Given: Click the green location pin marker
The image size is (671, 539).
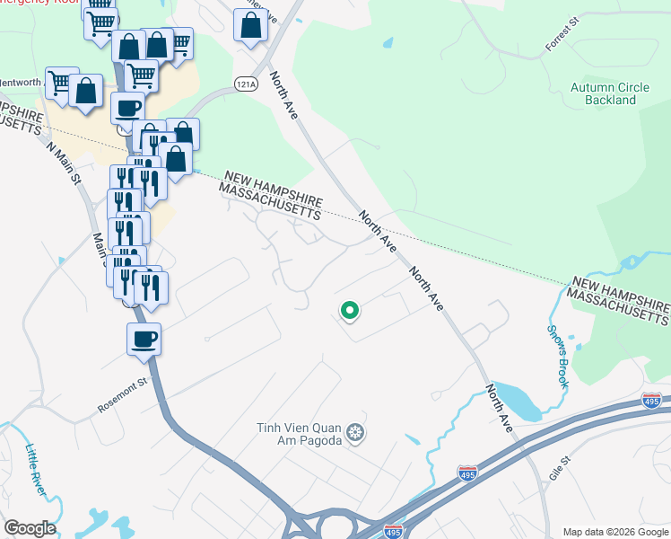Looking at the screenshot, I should (349, 311).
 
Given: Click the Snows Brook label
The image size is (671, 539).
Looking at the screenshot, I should (557, 355).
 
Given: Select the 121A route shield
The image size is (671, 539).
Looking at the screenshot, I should (246, 83).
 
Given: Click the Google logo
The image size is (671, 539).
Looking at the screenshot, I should (30, 528).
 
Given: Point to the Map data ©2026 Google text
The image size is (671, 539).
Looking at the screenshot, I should (614, 532).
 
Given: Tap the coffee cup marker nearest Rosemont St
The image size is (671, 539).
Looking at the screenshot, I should (144, 340).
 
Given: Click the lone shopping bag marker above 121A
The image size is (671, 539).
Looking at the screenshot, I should (250, 26).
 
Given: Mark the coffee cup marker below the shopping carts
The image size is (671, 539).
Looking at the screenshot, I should (127, 108).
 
